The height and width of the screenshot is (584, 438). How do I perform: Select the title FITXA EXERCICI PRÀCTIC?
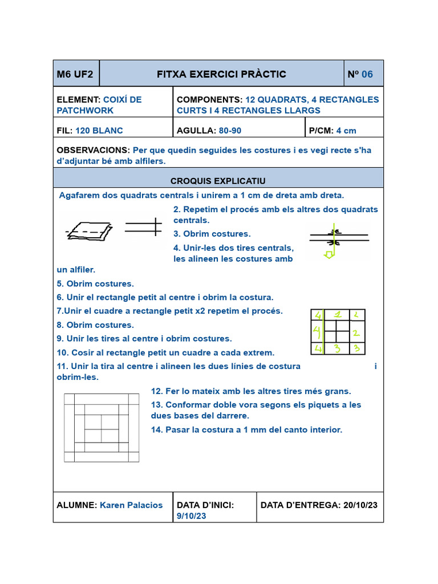[221, 74]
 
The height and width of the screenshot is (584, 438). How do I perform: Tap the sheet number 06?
[367, 74]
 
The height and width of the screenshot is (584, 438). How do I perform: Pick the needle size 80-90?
[230, 131]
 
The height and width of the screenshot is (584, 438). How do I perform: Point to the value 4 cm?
[346, 131]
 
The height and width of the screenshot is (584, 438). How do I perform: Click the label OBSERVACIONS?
[94, 150]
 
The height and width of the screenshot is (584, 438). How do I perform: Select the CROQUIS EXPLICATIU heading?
[218, 181]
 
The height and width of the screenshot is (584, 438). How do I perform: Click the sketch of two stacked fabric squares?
[90, 229]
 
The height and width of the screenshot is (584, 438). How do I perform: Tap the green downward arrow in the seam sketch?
[329, 253]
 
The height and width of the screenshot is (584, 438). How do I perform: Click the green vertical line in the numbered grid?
[324, 332]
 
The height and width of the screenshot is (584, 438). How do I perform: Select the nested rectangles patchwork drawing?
[102, 427]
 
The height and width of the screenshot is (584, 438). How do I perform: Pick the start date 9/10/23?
[191, 516]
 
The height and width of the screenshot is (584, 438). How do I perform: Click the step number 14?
[157, 430]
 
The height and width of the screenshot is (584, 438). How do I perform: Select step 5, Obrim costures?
[95, 284]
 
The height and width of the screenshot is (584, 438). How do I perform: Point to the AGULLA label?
[196, 131]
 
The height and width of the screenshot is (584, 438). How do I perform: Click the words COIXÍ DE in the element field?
[123, 100]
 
